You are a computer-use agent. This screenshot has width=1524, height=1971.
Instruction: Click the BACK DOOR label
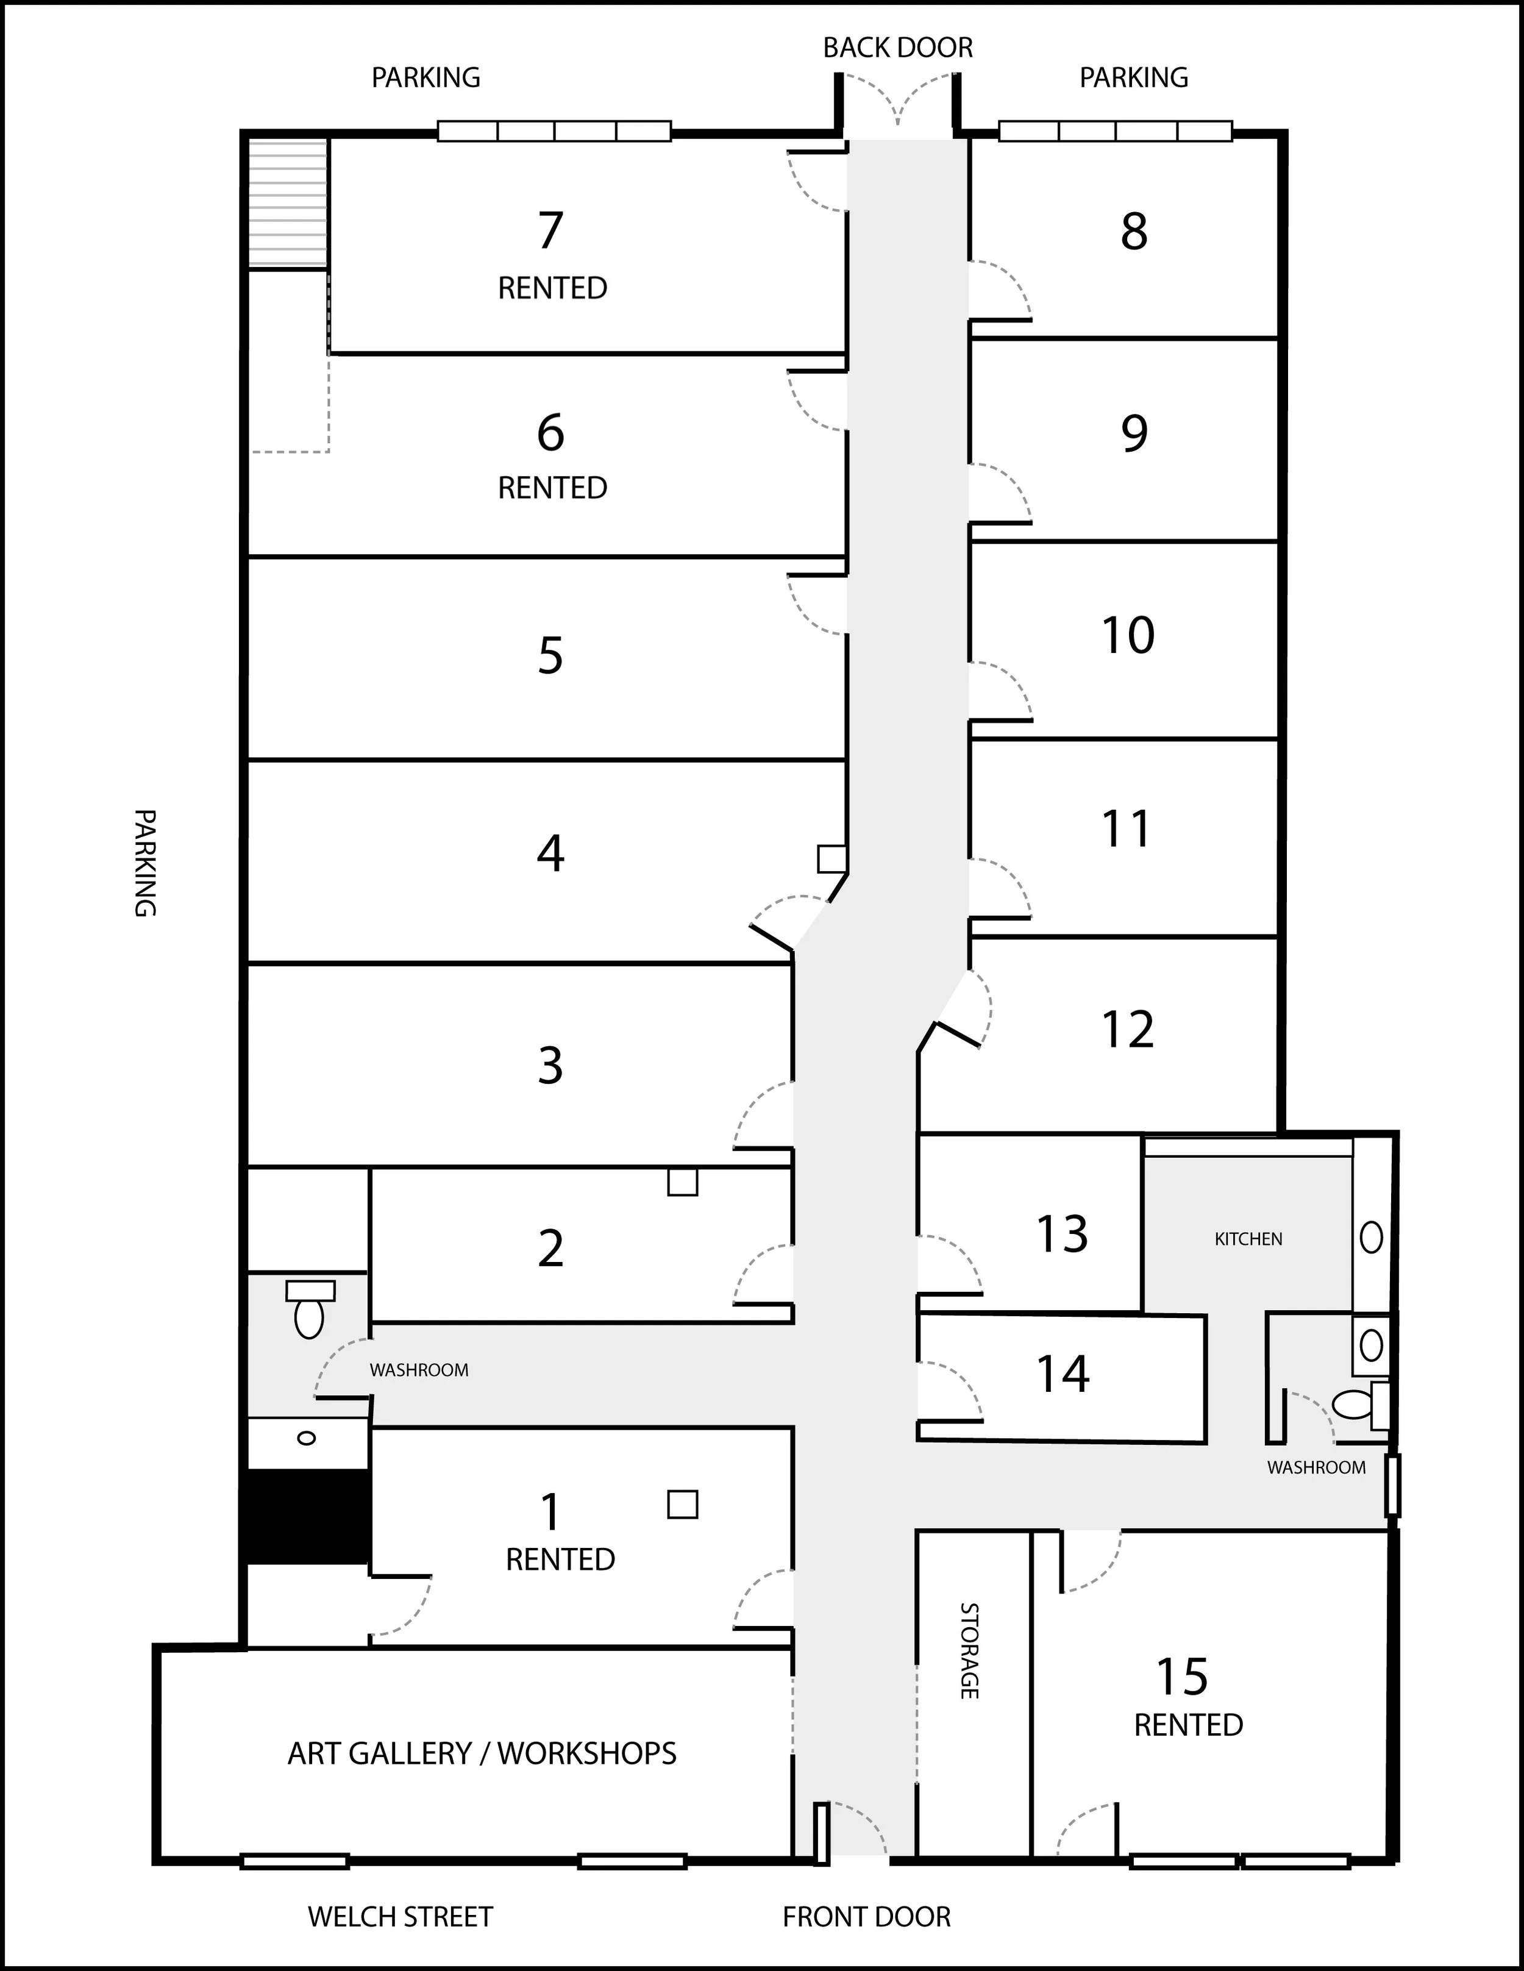coord(898,48)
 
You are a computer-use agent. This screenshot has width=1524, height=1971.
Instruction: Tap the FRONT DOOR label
coord(866,1916)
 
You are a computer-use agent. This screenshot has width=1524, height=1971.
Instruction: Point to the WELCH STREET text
coord(401,1916)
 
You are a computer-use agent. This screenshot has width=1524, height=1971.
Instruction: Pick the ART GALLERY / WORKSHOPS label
coord(482,1753)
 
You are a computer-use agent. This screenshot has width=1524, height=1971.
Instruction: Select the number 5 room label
coord(550,655)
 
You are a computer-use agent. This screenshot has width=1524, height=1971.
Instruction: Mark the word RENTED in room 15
coord(1188,1725)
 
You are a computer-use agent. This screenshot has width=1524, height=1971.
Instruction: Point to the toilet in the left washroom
coord(310,1308)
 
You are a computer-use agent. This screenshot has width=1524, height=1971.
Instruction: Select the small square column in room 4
coord(832,858)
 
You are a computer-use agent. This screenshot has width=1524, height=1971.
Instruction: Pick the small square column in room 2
coord(682,1182)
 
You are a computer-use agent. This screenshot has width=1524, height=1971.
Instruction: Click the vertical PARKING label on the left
coord(145,863)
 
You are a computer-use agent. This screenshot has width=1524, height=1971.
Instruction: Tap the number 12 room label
coord(1128,1029)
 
